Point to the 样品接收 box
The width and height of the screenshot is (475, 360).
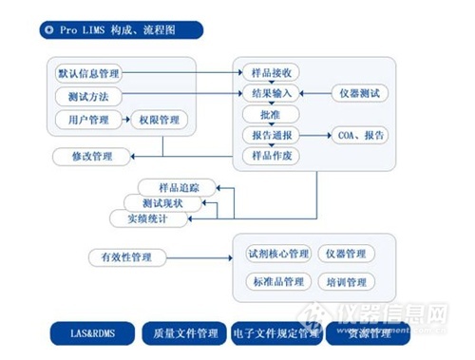(272, 72)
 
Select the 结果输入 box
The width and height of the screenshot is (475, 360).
(272, 93)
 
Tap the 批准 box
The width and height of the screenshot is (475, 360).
(272, 114)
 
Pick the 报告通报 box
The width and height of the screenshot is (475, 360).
(272, 135)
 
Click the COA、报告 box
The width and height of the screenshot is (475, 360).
(361, 135)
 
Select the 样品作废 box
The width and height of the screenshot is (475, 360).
(272, 156)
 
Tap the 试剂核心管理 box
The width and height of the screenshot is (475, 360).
(277, 254)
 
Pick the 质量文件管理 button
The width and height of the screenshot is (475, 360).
(184, 334)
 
